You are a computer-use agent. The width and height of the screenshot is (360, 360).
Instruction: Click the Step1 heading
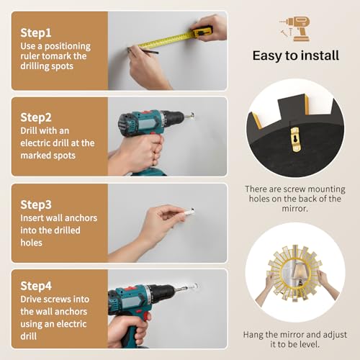click(x=36, y=33)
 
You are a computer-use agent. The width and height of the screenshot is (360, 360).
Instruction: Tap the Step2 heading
click(x=36, y=117)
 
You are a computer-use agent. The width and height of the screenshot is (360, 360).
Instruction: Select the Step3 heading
click(x=36, y=204)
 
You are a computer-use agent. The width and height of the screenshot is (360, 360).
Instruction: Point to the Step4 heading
click(x=36, y=286)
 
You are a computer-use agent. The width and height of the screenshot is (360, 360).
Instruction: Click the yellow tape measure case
click(x=202, y=31)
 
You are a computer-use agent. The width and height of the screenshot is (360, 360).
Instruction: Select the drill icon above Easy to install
click(x=295, y=29)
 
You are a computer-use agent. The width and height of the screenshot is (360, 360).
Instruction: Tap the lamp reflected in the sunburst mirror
click(x=300, y=273)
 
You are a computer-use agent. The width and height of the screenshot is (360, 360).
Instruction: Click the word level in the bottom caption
click(x=308, y=345)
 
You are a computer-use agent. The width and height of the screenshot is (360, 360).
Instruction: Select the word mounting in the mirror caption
click(x=326, y=189)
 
